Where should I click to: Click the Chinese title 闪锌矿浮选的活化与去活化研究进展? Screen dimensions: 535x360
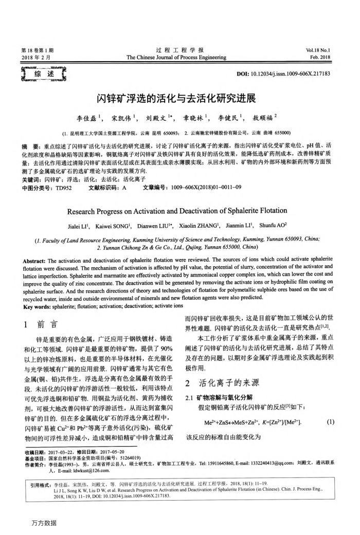click(179, 98)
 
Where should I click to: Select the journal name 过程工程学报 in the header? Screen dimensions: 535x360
click(179, 50)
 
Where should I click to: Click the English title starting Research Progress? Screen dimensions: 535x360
click(179, 211)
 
